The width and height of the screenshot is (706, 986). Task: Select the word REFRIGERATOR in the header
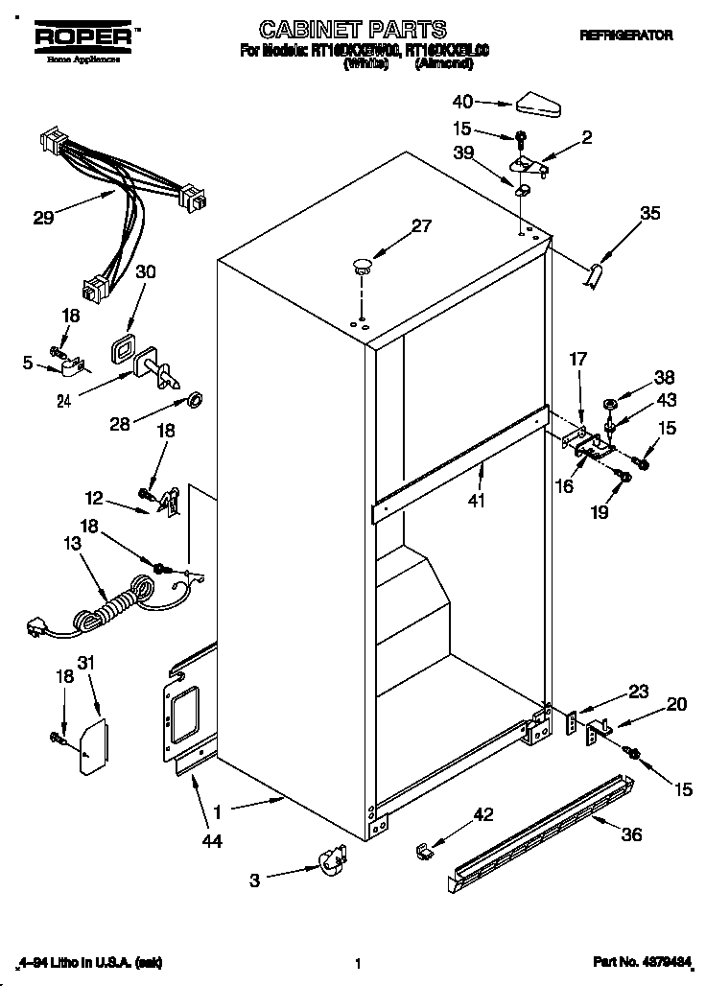coord(625,35)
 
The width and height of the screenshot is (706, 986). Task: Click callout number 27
coord(421,227)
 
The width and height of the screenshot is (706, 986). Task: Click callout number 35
coord(649,214)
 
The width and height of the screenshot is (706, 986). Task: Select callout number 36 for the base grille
coord(630,835)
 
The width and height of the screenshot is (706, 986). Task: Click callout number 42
coord(483,814)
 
